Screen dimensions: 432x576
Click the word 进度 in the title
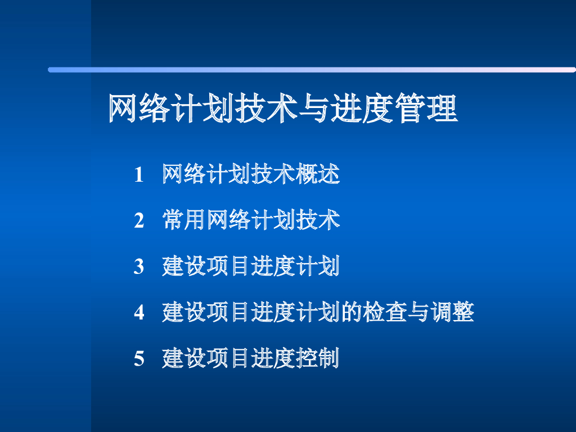tap(370, 109)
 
